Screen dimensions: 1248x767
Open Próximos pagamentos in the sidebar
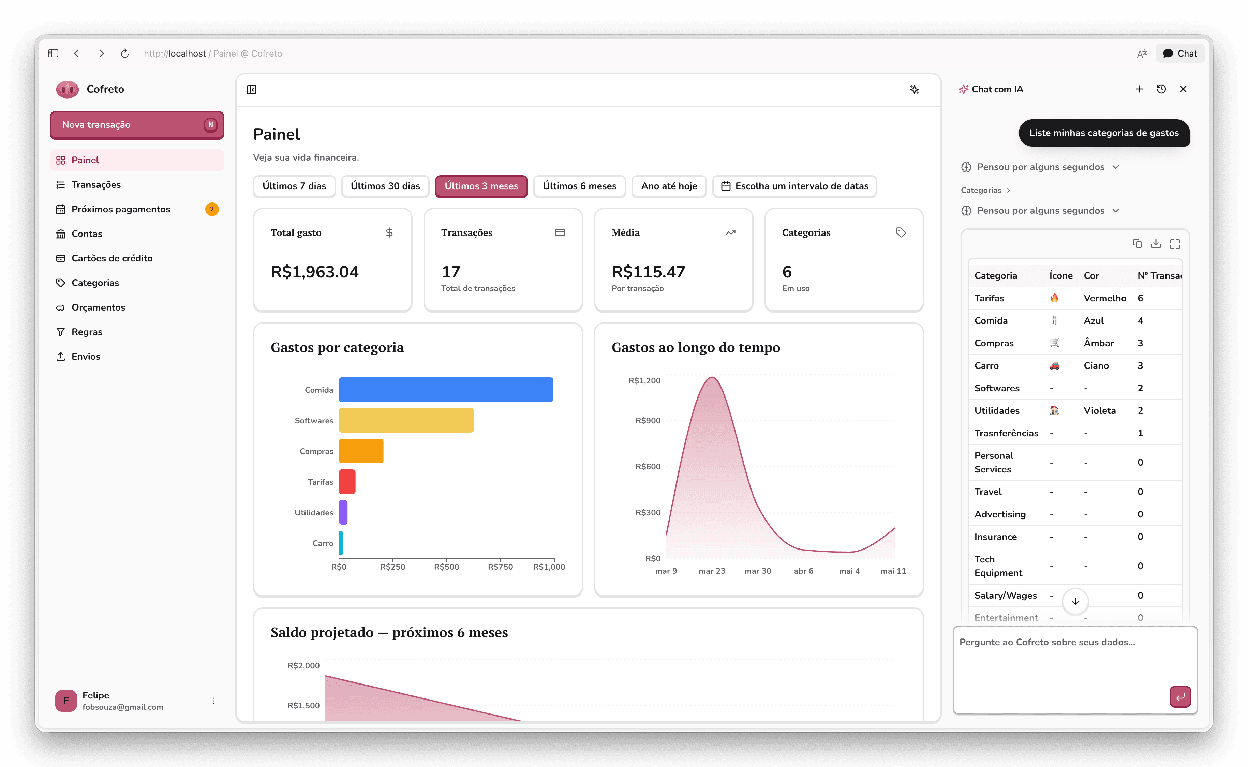(x=121, y=209)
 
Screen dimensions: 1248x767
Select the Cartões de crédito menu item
(x=112, y=258)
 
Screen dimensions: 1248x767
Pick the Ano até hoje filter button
(x=669, y=186)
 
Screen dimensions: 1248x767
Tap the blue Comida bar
(x=446, y=390)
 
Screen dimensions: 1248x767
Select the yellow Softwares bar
(x=406, y=421)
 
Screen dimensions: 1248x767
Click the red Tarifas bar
(x=347, y=482)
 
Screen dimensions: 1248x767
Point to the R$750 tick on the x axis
(x=500, y=567)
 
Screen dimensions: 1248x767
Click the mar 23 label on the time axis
(x=712, y=571)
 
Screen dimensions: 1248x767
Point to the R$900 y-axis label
(x=648, y=421)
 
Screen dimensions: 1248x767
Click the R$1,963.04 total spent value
(x=314, y=272)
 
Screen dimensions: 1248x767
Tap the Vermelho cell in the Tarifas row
(x=1104, y=298)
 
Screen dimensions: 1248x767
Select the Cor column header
(x=1091, y=276)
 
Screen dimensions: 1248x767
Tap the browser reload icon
(x=125, y=53)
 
